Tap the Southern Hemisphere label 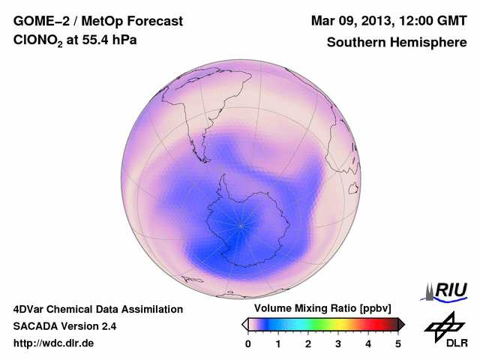coord(397,43)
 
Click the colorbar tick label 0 coord(248,344)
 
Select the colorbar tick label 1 coord(278,344)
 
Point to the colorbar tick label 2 coord(308,344)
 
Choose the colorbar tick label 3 coord(338,344)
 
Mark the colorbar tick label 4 coord(368,344)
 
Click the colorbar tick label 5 coord(398,344)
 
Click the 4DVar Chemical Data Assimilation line coord(97,309)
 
